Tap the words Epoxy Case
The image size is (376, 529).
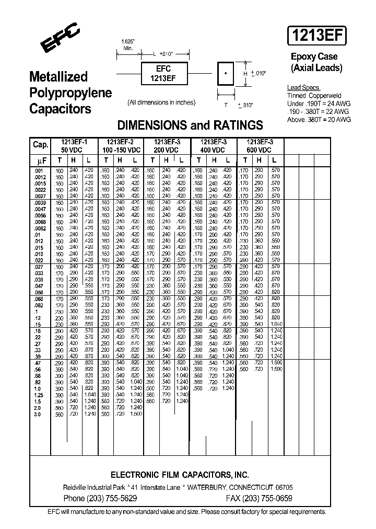click(x=314, y=56)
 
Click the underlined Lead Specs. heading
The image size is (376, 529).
click(x=303, y=88)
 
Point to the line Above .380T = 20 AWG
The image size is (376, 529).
click(x=319, y=120)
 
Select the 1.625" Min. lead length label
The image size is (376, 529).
click(x=127, y=44)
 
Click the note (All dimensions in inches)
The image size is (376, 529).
click(x=161, y=102)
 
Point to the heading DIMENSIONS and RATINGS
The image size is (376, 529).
click(x=190, y=125)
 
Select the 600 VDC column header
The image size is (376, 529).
click(x=259, y=150)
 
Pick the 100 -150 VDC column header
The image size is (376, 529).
click(x=120, y=150)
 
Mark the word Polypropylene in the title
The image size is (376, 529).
click(x=70, y=93)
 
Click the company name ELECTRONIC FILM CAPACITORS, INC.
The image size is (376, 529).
click(x=180, y=475)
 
